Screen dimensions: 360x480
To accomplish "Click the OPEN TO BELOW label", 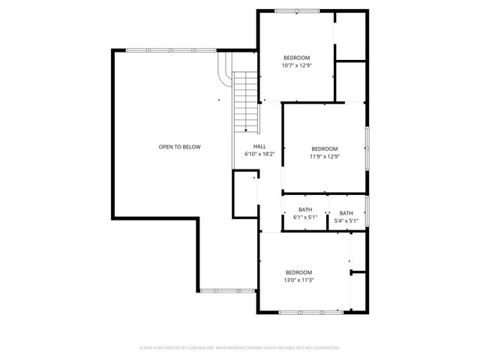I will click(x=179, y=147).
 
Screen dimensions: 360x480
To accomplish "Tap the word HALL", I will click(x=259, y=146).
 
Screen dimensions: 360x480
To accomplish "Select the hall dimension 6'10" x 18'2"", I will click(x=259, y=154).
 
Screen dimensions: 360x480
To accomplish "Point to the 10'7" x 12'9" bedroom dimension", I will click(x=296, y=65).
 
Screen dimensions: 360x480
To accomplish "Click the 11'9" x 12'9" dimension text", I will click(x=325, y=157).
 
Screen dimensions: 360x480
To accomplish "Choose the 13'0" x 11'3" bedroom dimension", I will click(x=298, y=280).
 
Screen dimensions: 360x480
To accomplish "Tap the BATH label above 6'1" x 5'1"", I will click(x=305, y=209).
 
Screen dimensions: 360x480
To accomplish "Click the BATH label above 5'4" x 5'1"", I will click(x=346, y=213).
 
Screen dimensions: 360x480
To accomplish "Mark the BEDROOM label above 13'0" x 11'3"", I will click(x=298, y=272).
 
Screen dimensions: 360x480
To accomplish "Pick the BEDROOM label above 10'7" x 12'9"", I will click(x=296, y=58).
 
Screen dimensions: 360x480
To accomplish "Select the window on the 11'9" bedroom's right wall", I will click(x=367, y=147).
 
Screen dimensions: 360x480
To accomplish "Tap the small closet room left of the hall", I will click(x=244, y=193).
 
